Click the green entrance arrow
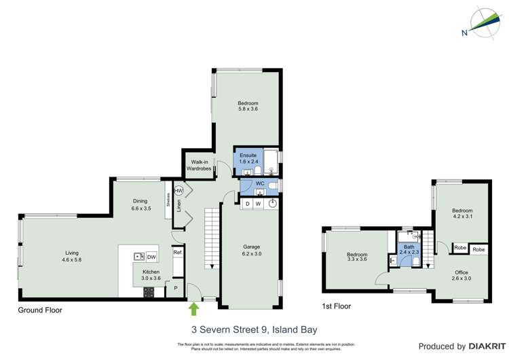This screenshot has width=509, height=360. [194, 309]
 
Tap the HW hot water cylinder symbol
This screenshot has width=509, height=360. [178, 192]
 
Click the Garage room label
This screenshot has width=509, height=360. [252, 247]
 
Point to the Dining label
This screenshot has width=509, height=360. [140, 201]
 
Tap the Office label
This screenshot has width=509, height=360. [461, 272]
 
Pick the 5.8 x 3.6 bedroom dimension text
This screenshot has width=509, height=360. [248, 109]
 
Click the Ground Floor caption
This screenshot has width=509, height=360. [40, 310]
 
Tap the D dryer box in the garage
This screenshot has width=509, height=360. [248, 204]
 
